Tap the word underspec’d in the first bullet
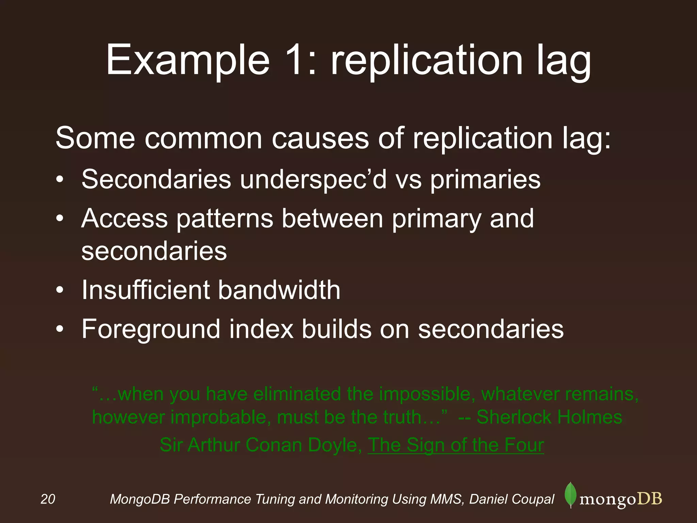(313, 179)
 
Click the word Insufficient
(145, 290)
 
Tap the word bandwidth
(279, 290)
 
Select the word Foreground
(151, 330)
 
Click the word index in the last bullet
(261, 329)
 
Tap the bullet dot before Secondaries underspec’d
(60, 180)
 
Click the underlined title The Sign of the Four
(456, 445)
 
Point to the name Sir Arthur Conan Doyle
(261, 445)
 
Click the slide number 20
(48, 499)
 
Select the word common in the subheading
(204, 138)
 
